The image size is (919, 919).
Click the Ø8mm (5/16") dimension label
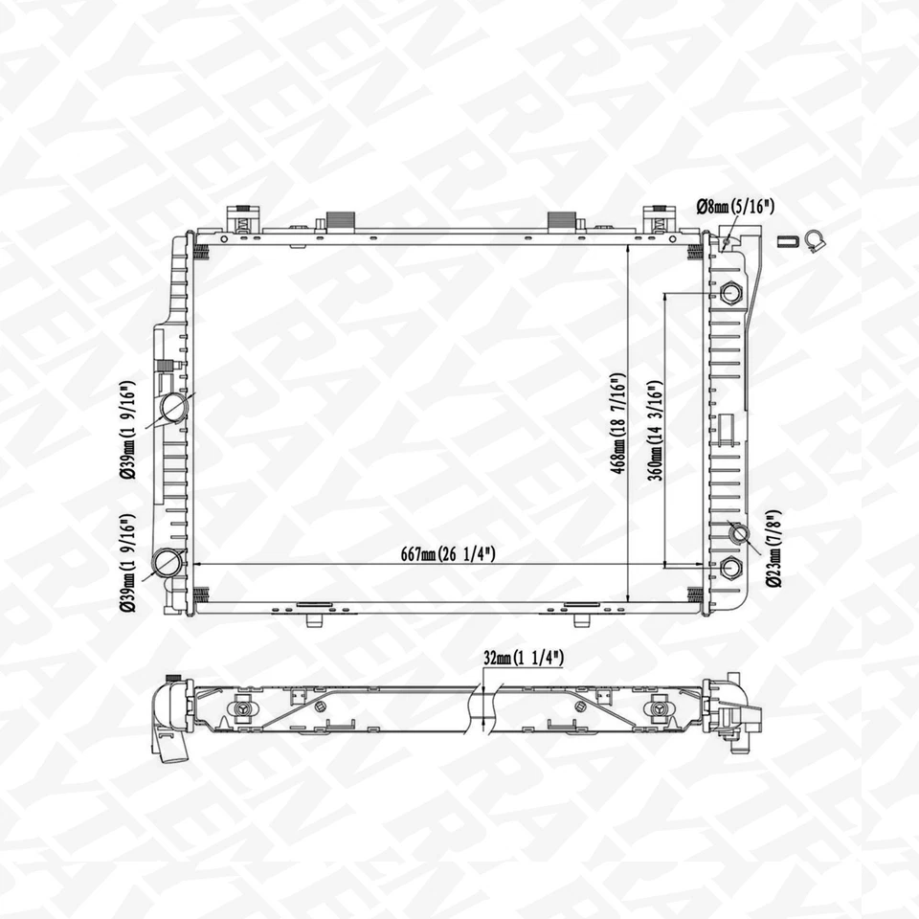click(x=735, y=205)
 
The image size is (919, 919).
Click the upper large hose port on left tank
click(x=174, y=408)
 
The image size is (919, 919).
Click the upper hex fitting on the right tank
click(x=731, y=293)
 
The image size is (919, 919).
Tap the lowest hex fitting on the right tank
click(x=731, y=568)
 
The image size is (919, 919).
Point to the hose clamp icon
click(x=816, y=240)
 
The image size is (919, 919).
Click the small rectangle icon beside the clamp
click(x=786, y=240)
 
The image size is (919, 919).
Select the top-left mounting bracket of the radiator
click(x=243, y=219)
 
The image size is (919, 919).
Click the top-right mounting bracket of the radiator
click(x=658, y=219)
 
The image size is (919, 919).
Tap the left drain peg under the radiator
click(x=313, y=619)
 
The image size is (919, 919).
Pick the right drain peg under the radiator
click(x=580, y=619)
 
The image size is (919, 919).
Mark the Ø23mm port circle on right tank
click(x=738, y=531)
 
